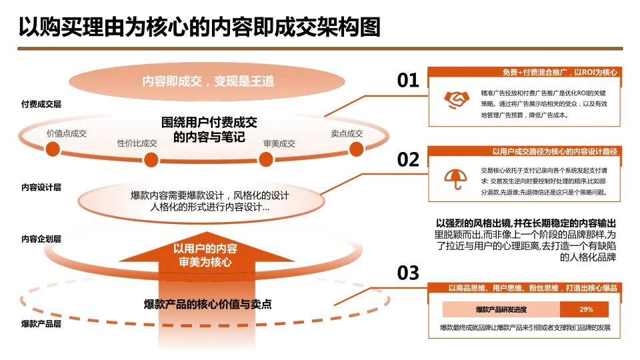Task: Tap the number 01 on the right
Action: (408, 81)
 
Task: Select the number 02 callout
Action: (408, 160)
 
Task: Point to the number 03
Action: (408, 273)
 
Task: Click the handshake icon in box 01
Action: (457, 99)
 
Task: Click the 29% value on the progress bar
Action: (586, 309)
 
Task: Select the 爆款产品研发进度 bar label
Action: (501, 309)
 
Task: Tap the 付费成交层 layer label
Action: (41, 105)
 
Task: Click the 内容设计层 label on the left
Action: (41, 187)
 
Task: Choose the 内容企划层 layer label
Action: (41, 239)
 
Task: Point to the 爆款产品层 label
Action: (41, 324)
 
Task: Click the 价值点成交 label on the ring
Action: (67, 133)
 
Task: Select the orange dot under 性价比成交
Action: (151, 160)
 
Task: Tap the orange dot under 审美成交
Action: (266, 160)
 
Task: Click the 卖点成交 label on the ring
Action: (347, 133)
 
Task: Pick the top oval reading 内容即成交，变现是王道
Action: (208, 81)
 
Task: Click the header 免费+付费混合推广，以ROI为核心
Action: (559, 72)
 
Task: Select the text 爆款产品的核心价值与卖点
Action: (208, 304)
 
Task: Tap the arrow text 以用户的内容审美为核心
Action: (205, 255)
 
